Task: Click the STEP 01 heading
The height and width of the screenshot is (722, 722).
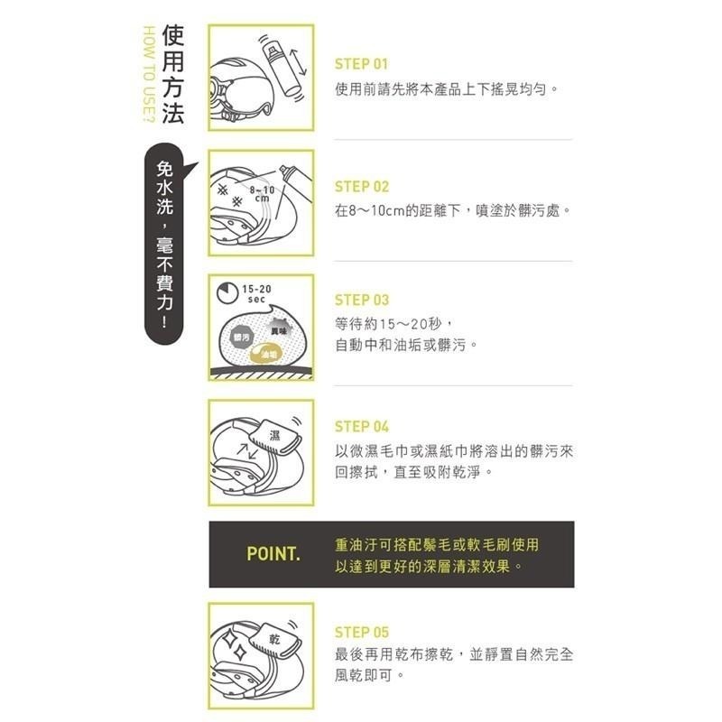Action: click(361, 64)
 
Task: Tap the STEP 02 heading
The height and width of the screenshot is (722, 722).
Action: click(361, 187)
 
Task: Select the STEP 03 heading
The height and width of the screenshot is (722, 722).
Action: click(361, 301)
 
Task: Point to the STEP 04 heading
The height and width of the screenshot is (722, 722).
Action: click(361, 426)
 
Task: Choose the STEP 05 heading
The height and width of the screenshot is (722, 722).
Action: click(361, 632)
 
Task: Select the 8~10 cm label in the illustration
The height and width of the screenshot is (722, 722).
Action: click(262, 193)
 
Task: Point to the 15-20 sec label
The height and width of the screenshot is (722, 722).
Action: click(256, 293)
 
